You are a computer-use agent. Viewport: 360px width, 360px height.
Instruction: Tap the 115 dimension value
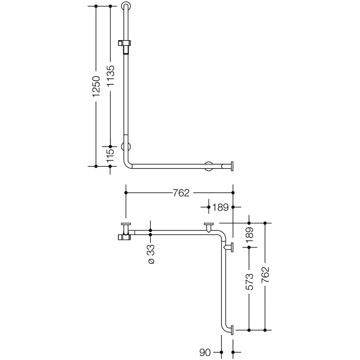(x=111, y=156)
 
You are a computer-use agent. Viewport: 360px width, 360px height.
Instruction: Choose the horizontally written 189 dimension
(x=220, y=207)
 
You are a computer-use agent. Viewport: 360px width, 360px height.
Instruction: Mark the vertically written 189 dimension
(x=249, y=235)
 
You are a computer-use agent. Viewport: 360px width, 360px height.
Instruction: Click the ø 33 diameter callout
(x=151, y=254)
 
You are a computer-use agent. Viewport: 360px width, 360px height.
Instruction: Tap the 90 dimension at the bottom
(x=205, y=353)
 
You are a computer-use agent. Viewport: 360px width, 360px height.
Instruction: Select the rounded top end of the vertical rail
(x=127, y=7)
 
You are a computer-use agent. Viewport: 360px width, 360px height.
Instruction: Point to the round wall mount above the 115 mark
(x=125, y=146)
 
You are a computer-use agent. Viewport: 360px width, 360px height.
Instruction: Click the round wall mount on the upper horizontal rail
(x=209, y=166)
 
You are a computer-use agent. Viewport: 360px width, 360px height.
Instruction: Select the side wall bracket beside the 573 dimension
(x=229, y=248)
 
